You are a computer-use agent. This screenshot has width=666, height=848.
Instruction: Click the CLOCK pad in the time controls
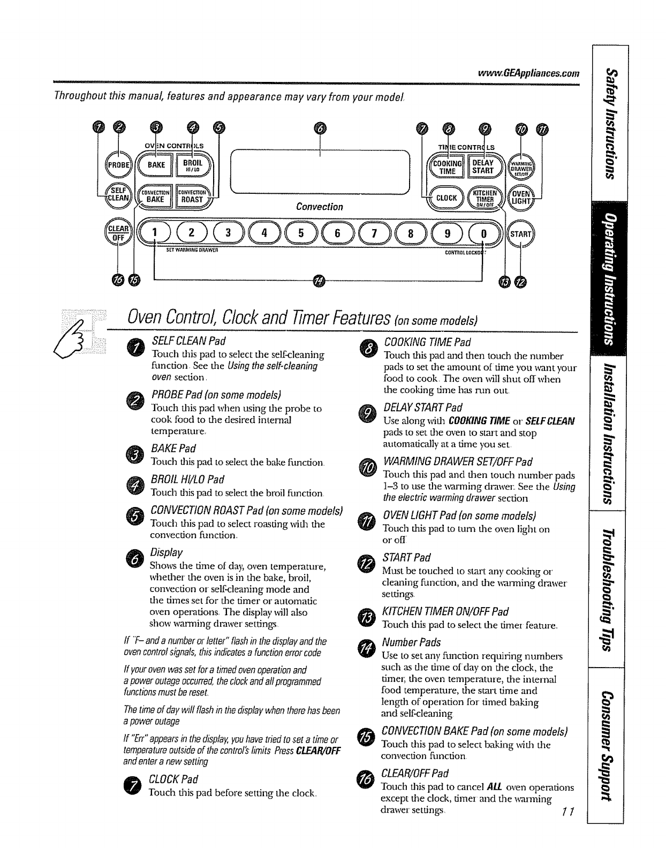pos(445,198)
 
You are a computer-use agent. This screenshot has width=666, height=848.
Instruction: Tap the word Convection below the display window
pos(320,207)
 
